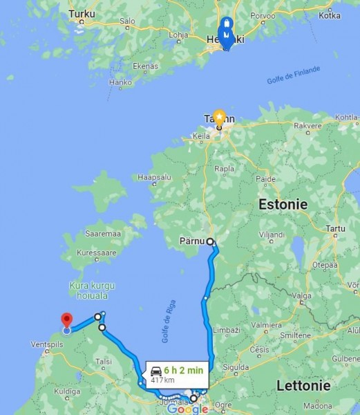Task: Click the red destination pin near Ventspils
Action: point(66,320)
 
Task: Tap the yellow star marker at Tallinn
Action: point(219,116)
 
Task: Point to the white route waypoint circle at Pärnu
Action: point(210,242)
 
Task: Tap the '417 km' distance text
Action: point(162,380)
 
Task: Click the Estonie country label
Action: point(282,204)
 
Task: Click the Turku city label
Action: point(82,13)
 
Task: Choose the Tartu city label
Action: point(337,228)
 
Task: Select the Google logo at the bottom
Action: point(187,409)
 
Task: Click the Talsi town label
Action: point(104,361)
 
